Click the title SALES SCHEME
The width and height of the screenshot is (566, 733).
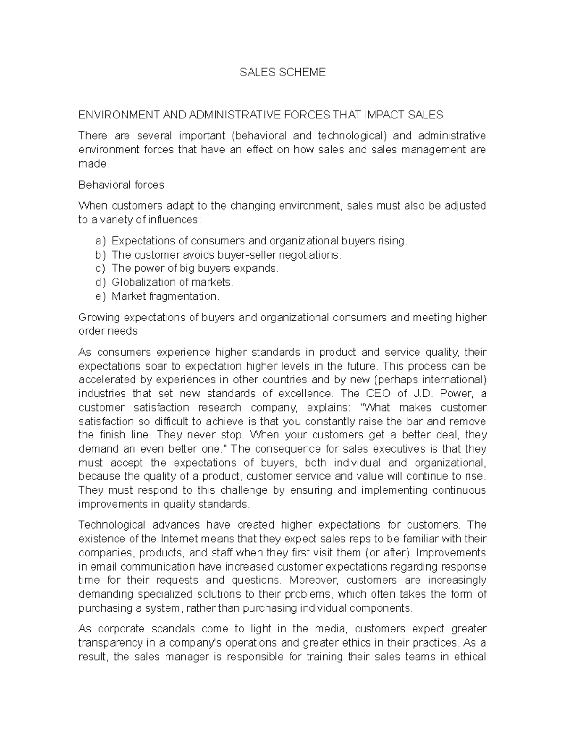[x=283, y=72]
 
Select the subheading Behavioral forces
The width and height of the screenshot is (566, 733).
[x=121, y=185]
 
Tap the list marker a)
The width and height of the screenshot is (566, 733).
[x=100, y=241]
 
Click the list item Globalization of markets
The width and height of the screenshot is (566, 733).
[x=173, y=282]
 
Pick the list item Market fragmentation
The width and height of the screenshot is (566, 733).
[x=166, y=296]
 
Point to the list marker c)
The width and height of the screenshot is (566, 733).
[x=100, y=269]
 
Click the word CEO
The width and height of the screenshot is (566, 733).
[x=377, y=394]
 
